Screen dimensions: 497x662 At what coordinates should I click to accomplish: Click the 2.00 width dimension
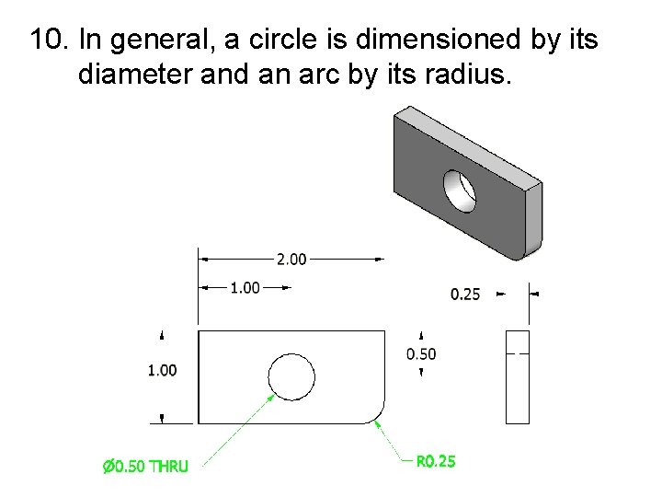(x=291, y=260)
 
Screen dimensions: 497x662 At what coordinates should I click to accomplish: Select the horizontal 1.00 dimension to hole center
(x=245, y=288)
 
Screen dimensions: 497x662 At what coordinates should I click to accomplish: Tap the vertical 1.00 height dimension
(x=163, y=370)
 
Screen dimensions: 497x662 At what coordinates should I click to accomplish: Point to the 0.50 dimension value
(x=421, y=353)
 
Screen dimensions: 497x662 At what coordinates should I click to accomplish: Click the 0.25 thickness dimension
(x=465, y=295)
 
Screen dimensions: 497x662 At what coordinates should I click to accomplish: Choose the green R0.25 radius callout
(x=436, y=461)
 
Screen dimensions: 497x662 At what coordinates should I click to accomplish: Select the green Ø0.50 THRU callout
(x=145, y=466)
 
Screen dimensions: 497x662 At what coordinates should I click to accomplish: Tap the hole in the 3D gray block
(x=460, y=189)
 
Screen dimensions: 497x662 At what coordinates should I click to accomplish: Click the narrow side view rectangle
(x=518, y=376)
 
